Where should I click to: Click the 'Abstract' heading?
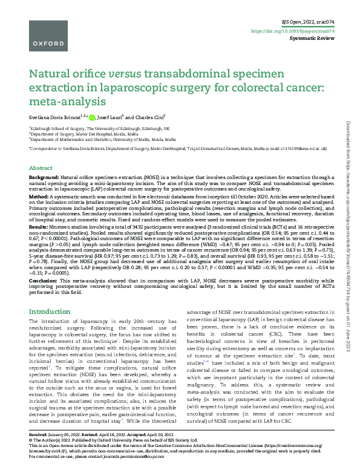pos(41,168)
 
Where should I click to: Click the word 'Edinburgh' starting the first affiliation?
pos(42,129)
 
